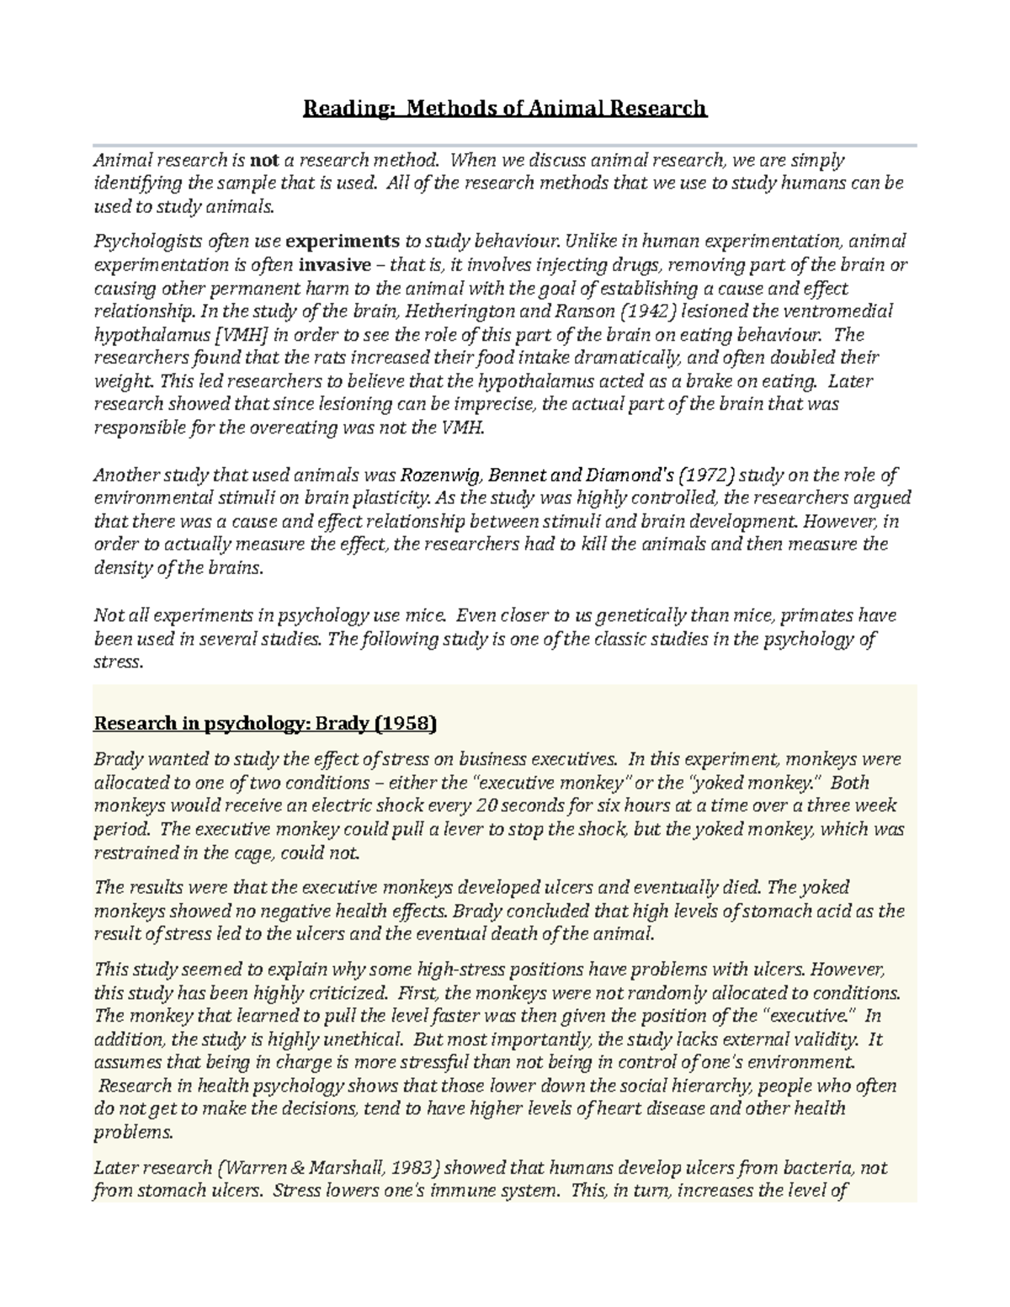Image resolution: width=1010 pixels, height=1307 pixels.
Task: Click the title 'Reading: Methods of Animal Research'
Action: [x=505, y=109]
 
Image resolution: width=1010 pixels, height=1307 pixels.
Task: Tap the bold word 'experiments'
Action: [x=343, y=242]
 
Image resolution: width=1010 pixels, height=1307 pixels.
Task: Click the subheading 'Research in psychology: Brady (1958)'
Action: [x=265, y=724]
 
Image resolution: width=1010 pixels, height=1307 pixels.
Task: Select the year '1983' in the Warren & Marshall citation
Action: [x=413, y=1168]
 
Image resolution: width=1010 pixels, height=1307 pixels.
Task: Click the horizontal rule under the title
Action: [x=505, y=146]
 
